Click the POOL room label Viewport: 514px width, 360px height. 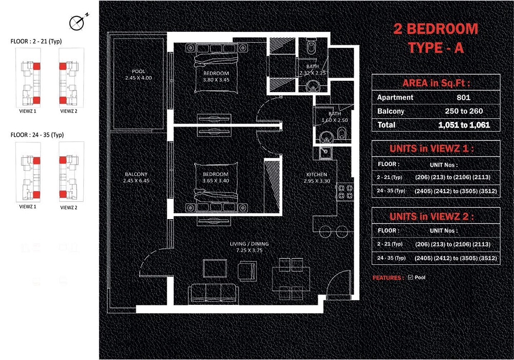click(x=138, y=71)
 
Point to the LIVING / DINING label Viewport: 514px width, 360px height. click(x=250, y=244)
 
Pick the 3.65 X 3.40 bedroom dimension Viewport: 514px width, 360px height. click(x=211, y=181)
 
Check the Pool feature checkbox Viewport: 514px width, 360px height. click(x=410, y=278)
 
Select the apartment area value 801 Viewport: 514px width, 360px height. click(x=463, y=97)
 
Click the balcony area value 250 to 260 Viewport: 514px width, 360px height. click(x=464, y=111)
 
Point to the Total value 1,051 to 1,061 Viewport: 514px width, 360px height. click(x=464, y=125)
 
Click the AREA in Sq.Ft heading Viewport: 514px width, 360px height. click(x=436, y=83)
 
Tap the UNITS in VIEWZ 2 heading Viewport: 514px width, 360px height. click(x=436, y=216)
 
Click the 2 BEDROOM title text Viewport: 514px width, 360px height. click(x=435, y=29)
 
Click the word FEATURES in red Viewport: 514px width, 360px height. click(x=388, y=278)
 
